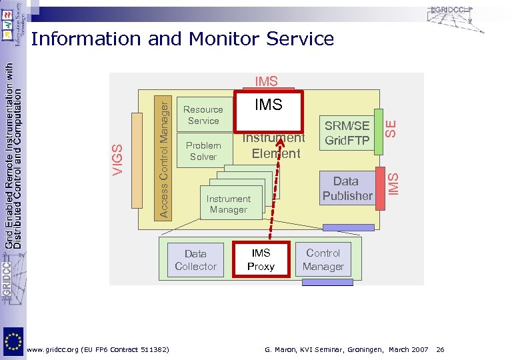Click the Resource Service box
click(203, 115)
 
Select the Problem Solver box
click(203, 151)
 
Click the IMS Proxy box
click(261, 259)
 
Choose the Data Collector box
click(195, 259)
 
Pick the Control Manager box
click(323, 259)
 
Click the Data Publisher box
click(347, 188)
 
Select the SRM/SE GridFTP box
click(347, 133)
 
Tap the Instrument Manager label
click(228, 204)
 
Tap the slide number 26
click(441, 350)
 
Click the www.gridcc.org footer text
click(97, 350)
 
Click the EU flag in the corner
click(13, 341)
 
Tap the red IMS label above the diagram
click(266, 82)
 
